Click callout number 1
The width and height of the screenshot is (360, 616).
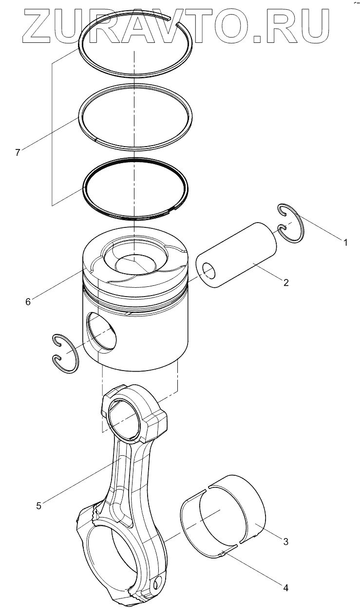pyautogui.click(x=346, y=242)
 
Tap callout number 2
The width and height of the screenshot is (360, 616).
pyautogui.click(x=286, y=282)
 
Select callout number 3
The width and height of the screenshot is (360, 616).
pyautogui.click(x=286, y=541)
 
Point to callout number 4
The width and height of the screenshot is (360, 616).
pyautogui.click(x=286, y=588)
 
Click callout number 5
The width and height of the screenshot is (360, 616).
pyautogui.click(x=38, y=505)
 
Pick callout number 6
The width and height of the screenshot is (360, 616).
pyautogui.click(x=28, y=302)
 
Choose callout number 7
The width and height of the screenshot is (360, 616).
pyautogui.click(x=18, y=152)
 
